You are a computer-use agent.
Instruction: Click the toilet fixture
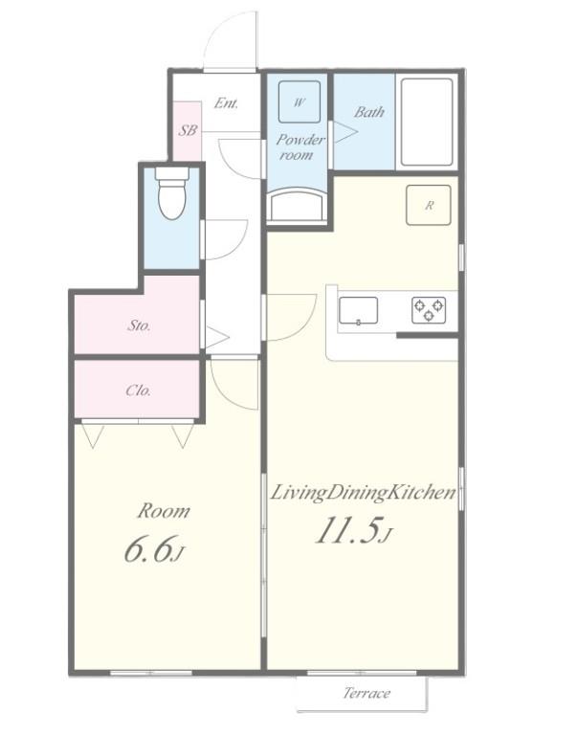pos(171,193)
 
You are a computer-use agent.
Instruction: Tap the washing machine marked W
pos(300,101)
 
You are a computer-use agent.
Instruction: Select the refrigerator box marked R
pos(429,205)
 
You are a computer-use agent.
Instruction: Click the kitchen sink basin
pos(358,310)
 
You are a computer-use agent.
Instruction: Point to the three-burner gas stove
pos(429,310)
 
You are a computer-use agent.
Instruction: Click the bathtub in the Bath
pos(427,122)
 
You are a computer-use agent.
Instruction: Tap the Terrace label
pos(367,693)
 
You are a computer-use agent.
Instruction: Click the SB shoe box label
pos(188,130)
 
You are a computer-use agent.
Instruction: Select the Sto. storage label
pos(139,325)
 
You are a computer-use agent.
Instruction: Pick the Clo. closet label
pos(139,390)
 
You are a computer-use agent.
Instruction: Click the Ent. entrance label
pos(226,102)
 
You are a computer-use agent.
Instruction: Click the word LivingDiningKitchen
pos(364,493)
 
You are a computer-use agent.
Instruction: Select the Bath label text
pos(369,112)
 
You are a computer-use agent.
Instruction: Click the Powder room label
pos(300,146)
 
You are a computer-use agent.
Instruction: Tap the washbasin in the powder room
pos(299,205)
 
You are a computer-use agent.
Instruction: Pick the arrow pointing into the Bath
pos(345,132)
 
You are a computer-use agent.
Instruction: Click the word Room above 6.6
pos(164,511)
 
